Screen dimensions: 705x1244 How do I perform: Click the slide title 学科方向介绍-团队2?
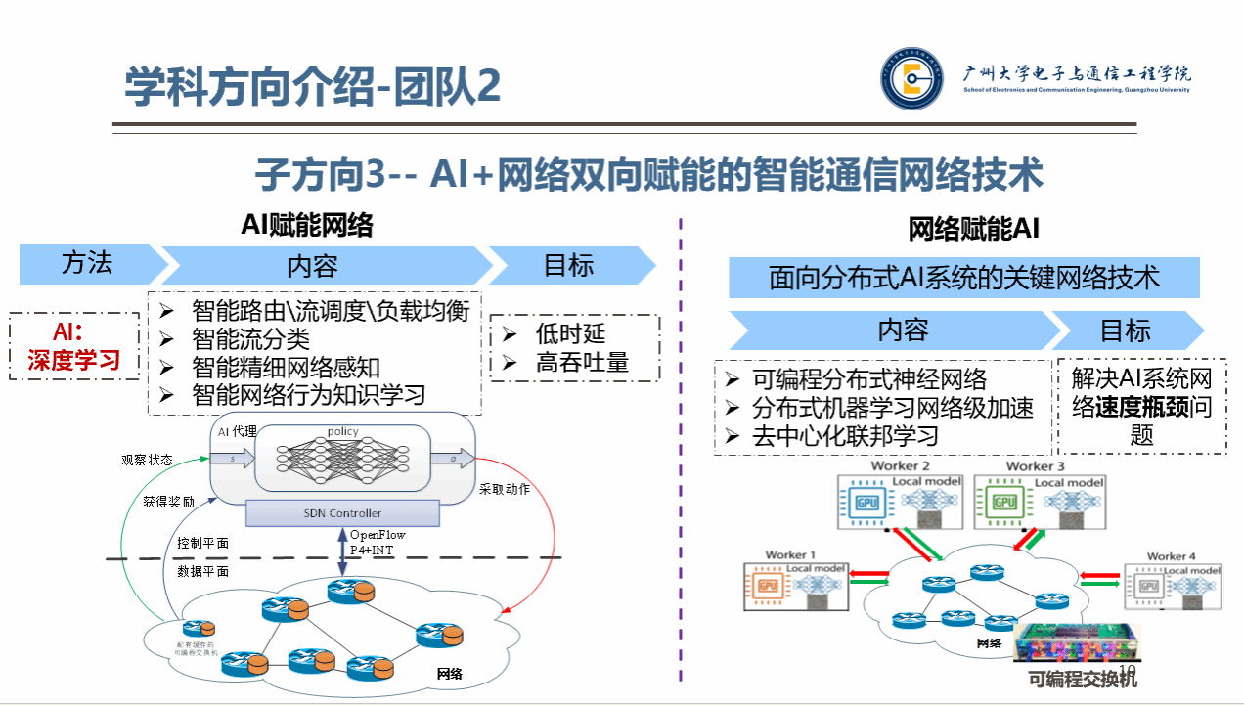coord(313,87)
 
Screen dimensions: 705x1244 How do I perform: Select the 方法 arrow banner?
coord(88,264)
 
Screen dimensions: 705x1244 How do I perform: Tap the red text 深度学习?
coord(74,360)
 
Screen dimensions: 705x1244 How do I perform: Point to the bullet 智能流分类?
coord(250,338)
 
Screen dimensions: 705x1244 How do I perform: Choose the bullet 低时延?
coord(567,333)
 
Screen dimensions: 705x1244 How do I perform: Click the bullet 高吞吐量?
coord(582,363)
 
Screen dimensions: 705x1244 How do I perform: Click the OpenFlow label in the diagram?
coord(378,535)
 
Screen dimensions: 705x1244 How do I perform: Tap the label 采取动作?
coord(505,489)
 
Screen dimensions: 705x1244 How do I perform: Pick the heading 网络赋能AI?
coord(973,229)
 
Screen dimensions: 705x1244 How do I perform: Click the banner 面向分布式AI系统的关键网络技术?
coord(963,278)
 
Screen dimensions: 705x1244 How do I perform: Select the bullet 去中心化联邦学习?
coord(845,436)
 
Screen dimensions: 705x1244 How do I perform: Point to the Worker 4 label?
coord(1171,556)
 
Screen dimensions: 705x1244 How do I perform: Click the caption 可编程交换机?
coord(1083,680)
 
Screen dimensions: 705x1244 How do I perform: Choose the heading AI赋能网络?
coord(307,226)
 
